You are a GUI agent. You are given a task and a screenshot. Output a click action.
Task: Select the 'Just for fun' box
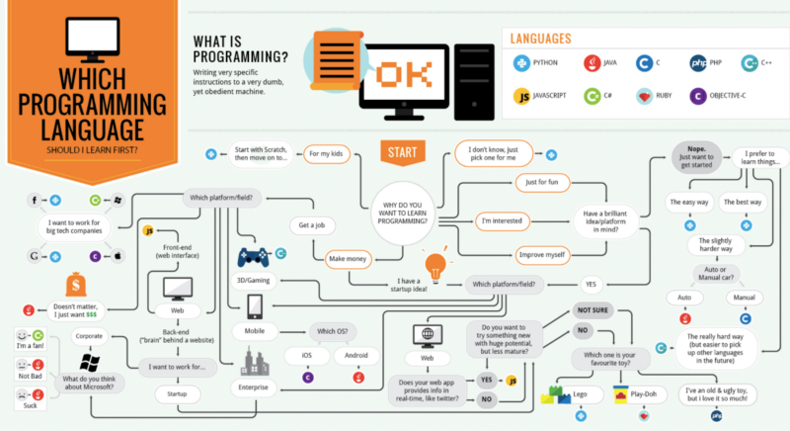pyautogui.click(x=543, y=183)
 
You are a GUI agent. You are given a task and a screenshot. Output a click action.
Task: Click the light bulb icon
pyautogui.click(x=433, y=266)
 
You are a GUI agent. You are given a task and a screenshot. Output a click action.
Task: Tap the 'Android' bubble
pyautogui.click(x=356, y=355)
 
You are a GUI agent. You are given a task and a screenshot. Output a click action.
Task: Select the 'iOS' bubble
pyautogui.click(x=307, y=355)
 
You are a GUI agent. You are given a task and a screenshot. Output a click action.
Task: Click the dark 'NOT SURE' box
pyautogui.click(x=596, y=309)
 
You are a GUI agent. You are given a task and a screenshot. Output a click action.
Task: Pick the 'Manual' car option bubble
pyautogui.click(x=745, y=297)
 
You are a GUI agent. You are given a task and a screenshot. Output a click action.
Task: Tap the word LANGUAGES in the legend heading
pyautogui.click(x=539, y=39)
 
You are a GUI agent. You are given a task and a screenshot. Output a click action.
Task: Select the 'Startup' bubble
pyautogui.click(x=180, y=393)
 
